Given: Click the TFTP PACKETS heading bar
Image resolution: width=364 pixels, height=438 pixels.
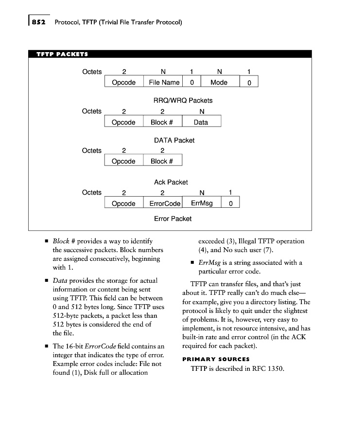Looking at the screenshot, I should coord(170,54).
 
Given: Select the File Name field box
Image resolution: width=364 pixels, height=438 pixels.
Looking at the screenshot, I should coord(164,82).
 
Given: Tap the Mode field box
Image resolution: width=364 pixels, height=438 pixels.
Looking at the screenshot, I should coord(219,82).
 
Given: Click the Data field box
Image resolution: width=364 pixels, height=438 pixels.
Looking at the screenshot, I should coord(201,122).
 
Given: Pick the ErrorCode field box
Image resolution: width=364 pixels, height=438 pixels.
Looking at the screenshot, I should coord(162,203).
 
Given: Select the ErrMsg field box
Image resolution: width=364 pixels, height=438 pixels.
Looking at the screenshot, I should coord(202,203).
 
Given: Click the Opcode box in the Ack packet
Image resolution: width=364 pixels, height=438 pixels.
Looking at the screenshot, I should coord(123,161).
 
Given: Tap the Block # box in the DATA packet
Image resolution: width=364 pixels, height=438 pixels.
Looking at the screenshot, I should coord(162,122).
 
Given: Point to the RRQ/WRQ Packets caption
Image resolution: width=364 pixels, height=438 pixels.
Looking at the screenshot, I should coord(183,100).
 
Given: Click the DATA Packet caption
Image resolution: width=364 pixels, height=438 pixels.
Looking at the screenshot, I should coord(174,140).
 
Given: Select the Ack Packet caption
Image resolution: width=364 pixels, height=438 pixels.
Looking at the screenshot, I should coord(171,182).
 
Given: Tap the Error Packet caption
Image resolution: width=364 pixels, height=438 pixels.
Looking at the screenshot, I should coord(173,219).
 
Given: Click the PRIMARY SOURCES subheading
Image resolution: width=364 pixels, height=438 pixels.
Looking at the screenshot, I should coord(216,359).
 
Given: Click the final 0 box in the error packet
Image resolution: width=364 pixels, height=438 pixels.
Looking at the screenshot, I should coord(230,203).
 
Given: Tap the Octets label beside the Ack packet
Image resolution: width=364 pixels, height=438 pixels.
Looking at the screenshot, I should coord(92,150).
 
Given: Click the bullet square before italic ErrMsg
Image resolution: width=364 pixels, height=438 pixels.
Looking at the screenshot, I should coord(192,263).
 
